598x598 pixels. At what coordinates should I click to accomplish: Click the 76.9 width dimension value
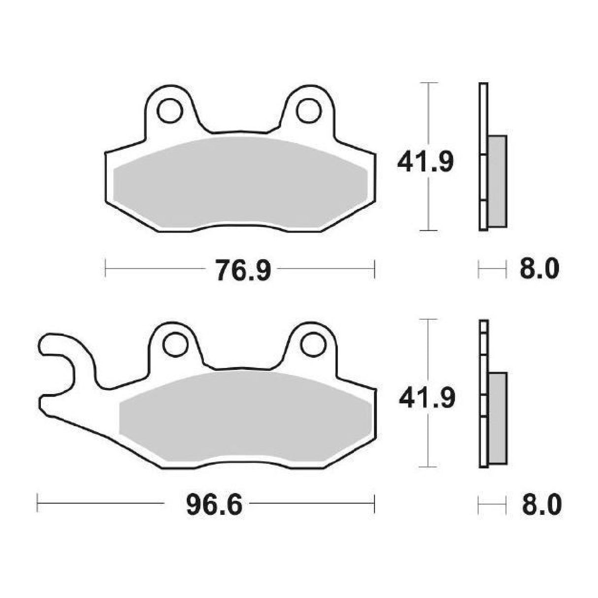pyautogui.click(x=242, y=270)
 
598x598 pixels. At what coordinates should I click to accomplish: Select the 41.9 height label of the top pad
pyautogui.click(x=425, y=162)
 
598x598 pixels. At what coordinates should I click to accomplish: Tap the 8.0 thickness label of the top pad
pyautogui.click(x=539, y=270)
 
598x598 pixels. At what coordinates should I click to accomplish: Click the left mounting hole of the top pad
pyautogui.click(x=169, y=110)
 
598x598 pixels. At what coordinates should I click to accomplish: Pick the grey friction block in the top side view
pyautogui.click(x=497, y=181)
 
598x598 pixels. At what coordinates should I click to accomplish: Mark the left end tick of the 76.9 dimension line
pyautogui.click(x=106, y=269)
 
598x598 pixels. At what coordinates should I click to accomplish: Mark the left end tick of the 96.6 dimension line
pyautogui.click(x=38, y=503)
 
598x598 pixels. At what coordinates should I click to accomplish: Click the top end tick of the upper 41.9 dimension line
pyautogui.click(x=431, y=83)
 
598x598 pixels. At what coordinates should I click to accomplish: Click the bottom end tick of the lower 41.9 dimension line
pyautogui.click(x=431, y=466)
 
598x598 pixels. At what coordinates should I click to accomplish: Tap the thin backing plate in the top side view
pyautogui.click(x=483, y=156)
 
